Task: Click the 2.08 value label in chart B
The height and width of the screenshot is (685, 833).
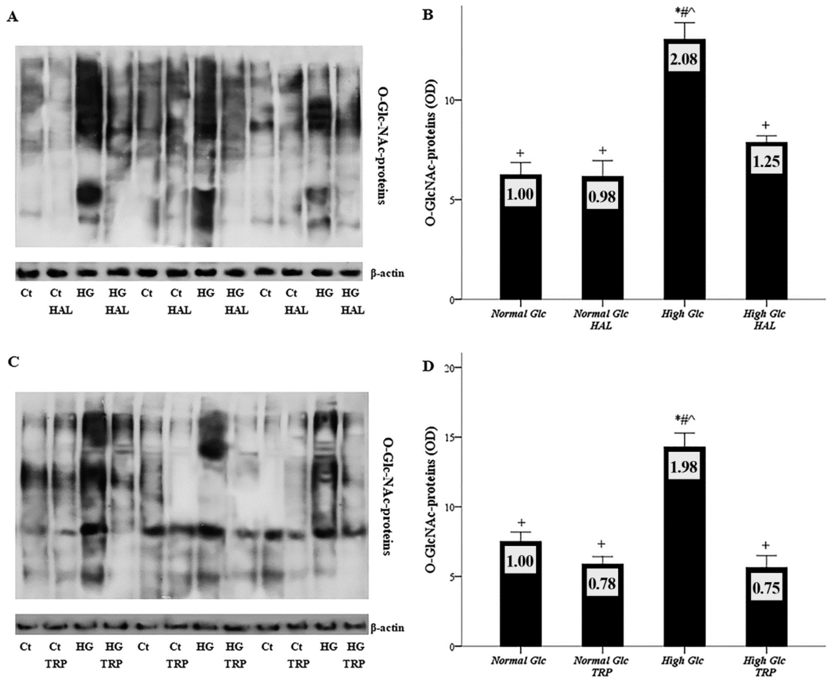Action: point(683,59)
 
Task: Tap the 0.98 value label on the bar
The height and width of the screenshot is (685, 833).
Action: point(602,196)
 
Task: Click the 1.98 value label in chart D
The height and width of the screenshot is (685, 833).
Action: point(683,467)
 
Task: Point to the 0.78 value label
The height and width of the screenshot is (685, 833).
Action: point(602,583)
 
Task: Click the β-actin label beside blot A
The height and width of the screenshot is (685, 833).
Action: point(387,273)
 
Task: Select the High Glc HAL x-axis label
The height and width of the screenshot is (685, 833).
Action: point(765,320)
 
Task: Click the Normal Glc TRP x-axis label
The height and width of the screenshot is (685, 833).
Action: point(601,666)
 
